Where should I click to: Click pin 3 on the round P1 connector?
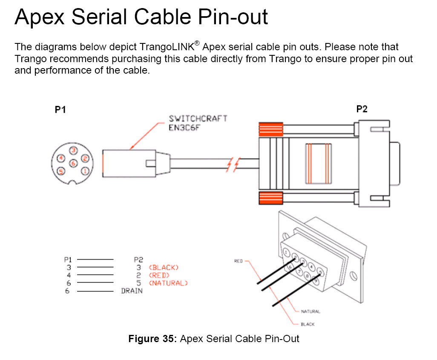tap(73, 150)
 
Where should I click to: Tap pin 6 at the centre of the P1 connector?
tap(73, 163)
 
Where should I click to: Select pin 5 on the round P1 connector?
tap(61, 171)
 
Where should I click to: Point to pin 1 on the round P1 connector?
tap(85, 171)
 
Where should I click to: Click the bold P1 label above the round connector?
tap(60, 109)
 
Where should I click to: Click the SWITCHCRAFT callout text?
tap(198, 118)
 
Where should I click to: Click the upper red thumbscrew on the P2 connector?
tap(271, 129)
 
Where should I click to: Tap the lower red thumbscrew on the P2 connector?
tap(271, 198)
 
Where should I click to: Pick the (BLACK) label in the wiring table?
tap(164, 268)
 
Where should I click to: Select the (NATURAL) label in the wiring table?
tap(168, 283)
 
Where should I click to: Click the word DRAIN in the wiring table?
tap(132, 291)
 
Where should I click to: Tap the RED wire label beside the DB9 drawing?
tap(239, 261)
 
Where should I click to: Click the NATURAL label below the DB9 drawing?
tap(310, 311)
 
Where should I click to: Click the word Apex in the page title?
tap(39, 17)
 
